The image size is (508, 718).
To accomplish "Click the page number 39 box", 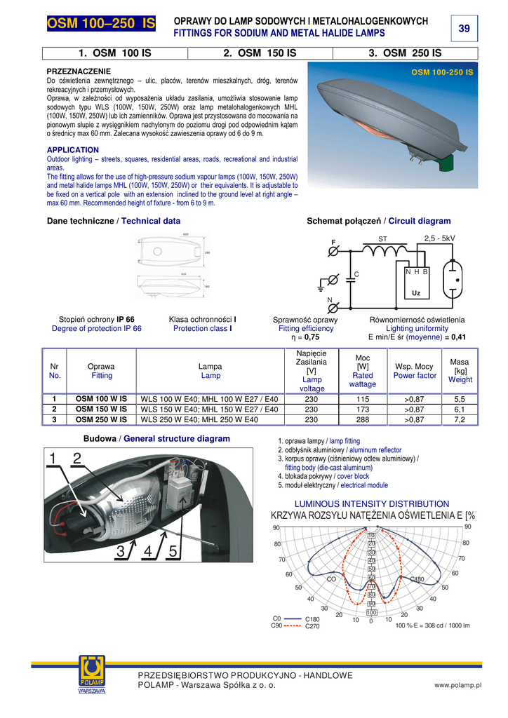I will coord(464,28).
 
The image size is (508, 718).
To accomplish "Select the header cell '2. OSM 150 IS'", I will coord(260,53).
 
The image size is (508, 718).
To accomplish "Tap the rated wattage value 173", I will coord(363,408).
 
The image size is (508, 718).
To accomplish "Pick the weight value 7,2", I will coord(460,420).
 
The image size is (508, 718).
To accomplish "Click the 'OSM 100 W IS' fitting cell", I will coord(101,398).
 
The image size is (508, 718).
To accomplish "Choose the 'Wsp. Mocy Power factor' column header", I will coord(414,371).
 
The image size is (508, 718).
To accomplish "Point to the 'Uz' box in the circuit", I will coord(416,292).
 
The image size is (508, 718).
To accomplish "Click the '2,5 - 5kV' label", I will coord(440,238).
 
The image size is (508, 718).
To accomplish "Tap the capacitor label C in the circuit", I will coord(356,273).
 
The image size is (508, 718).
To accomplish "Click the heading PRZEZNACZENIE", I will coord(79,72).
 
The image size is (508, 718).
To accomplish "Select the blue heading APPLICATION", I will coord(72,150).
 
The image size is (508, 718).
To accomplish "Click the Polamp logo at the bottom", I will coord(91,675).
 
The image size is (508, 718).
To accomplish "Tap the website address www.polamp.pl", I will coord(457,685).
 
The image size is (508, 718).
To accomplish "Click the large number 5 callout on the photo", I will coord(173,551).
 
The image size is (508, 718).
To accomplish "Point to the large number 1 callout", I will coord(53,459).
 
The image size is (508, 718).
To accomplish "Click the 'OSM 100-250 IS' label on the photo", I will coord(442,72).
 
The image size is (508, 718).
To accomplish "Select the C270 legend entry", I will coord(312,626).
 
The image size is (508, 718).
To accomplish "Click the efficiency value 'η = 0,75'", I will coord(305,337).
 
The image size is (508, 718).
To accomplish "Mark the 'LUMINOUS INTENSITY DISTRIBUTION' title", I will coord(372,503).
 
